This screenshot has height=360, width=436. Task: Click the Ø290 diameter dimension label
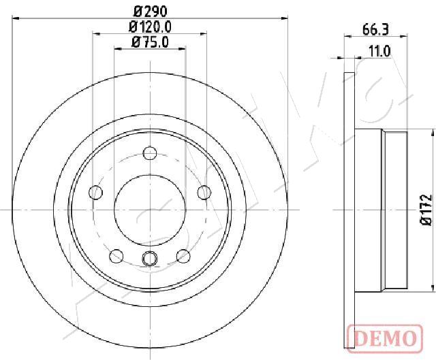click(x=150, y=12)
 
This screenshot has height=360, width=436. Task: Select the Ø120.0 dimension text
click(x=150, y=27)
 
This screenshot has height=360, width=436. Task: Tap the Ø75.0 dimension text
click(x=150, y=42)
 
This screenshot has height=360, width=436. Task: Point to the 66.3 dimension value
click(x=375, y=30)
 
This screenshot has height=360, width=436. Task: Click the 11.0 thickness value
click(x=379, y=52)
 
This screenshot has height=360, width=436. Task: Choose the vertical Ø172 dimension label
click(x=426, y=210)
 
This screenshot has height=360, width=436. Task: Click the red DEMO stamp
click(x=385, y=339)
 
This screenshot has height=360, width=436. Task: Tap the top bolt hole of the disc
click(x=150, y=153)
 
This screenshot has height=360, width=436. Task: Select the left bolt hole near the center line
click(x=95, y=192)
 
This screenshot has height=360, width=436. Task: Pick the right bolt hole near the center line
click(x=204, y=192)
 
